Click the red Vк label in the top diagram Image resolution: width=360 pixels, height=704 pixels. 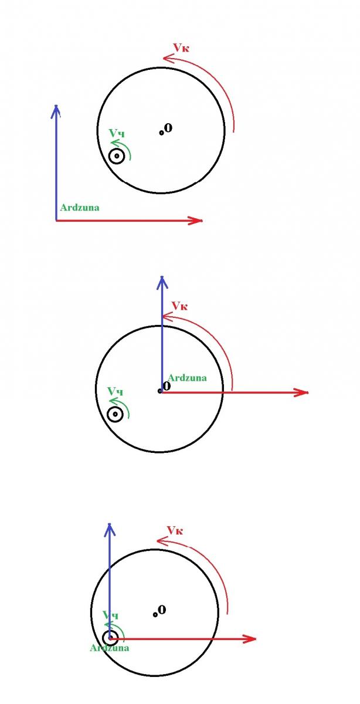[181, 48]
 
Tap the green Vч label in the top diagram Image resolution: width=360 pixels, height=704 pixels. [117, 133]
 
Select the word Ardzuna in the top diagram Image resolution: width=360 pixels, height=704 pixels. [80, 208]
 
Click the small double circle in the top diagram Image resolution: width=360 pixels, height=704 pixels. [117, 156]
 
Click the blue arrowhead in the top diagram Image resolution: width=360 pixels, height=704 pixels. [56, 111]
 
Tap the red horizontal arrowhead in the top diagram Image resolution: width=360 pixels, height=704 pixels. [195, 221]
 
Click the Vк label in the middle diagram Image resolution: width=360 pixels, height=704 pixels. [179, 306]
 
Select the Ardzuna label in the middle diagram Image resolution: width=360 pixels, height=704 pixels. [187, 378]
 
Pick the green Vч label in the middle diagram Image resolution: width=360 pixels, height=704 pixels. [116, 391]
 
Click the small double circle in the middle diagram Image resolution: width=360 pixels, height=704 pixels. [115, 414]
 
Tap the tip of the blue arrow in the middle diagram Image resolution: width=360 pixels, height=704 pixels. [162, 276]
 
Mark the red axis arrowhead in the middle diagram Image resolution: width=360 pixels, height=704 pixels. [301, 392]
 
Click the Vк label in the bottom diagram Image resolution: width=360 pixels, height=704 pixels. [175, 531]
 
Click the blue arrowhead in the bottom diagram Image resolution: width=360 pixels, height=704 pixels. [109, 530]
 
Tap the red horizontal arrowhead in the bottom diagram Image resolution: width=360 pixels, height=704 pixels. [249, 639]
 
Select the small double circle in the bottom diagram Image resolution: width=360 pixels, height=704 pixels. [110, 638]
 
